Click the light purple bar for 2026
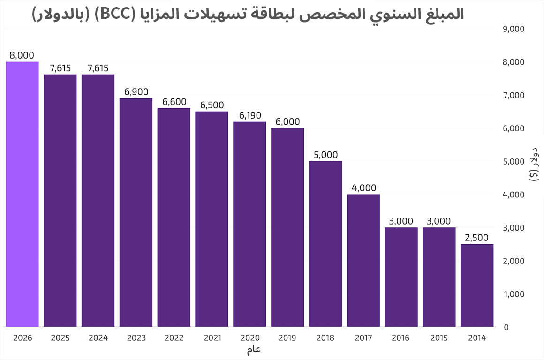[x=22, y=194]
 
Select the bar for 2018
[x=325, y=244]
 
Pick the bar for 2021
[x=212, y=219]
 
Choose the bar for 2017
[x=363, y=260]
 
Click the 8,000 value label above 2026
[x=22, y=55]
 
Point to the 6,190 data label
[x=249, y=115]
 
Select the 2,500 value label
[x=477, y=238]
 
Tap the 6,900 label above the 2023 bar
[x=136, y=92]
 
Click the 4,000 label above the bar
[x=363, y=188]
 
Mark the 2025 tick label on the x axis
[x=60, y=337]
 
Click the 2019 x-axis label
[x=287, y=337]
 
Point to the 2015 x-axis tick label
[x=439, y=337]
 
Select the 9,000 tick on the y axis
[x=513, y=29]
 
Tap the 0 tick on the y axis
[x=506, y=327]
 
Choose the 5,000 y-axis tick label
[x=513, y=162]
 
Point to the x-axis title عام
[x=254, y=349]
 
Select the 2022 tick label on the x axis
[x=174, y=337]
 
